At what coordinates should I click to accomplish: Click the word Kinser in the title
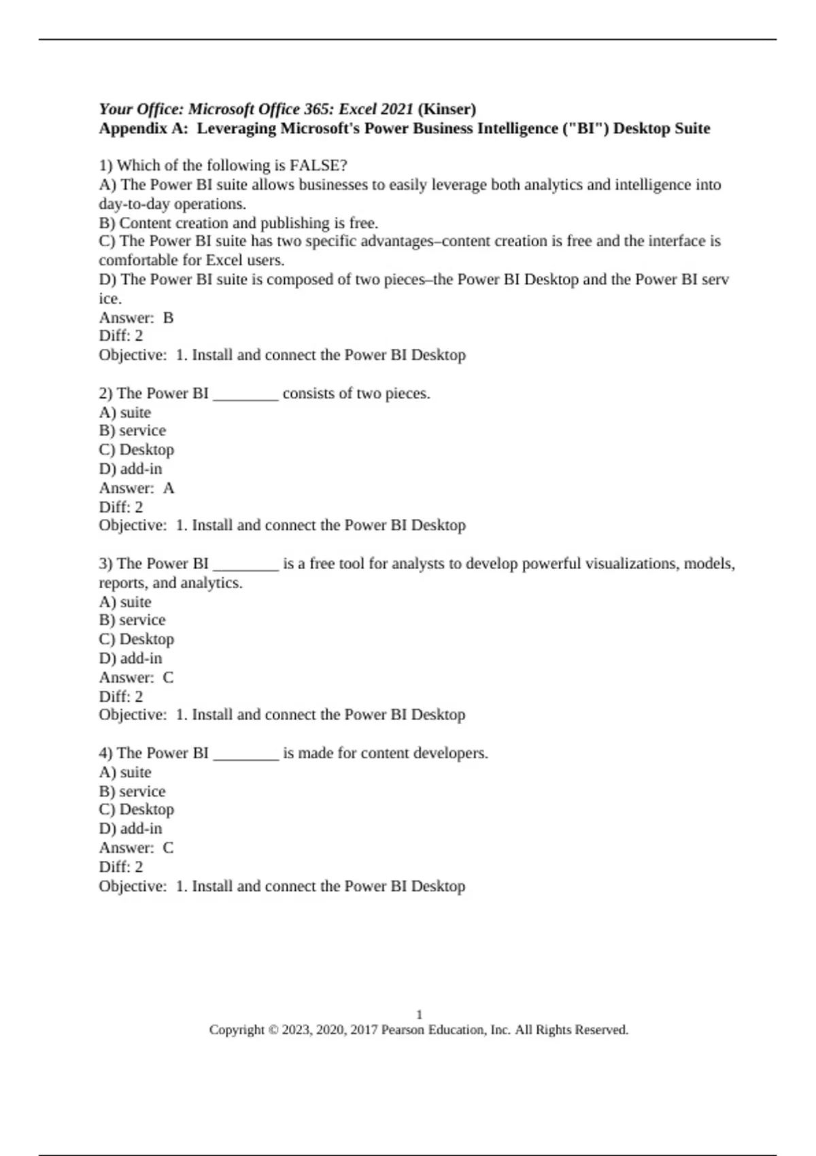(x=447, y=109)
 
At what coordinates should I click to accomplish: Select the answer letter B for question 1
(x=169, y=318)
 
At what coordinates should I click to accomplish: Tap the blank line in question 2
(x=245, y=394)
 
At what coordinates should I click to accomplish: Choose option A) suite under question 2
(x=125, y=413)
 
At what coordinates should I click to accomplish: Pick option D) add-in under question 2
(x=131, y=469)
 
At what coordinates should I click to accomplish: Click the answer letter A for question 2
(x=169, y=488)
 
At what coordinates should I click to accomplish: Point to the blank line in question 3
(x=245, y=564)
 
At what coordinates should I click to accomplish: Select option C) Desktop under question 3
(x=137, y=639)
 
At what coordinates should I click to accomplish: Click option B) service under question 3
(x=133, y=620)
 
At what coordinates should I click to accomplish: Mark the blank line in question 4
(x=245, y=754)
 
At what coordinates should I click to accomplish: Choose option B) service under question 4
(x=133, y=792)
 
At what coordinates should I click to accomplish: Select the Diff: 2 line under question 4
(x=121, y=867)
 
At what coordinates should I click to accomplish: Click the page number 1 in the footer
(x=419, y=1015)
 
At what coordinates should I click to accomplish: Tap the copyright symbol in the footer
(x=273, y=1030)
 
